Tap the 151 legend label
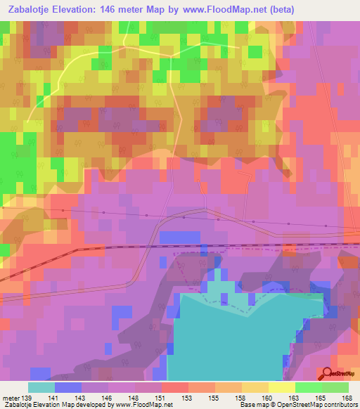tap(161, 398)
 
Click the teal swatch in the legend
tap(41, 387)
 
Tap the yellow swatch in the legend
tap(281, 387)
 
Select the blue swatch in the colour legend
tap(67, 387)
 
